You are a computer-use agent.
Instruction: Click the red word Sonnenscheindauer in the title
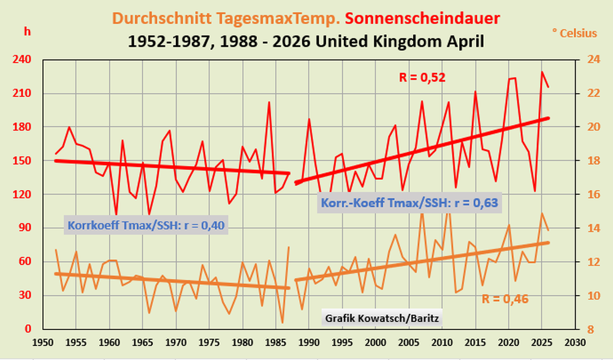coord(422,18)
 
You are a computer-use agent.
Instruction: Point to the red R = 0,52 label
coord(422,77)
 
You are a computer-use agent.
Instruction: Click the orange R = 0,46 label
coord(505,299)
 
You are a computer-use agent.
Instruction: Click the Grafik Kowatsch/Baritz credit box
coord(382,318)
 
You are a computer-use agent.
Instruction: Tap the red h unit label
coord(27,31)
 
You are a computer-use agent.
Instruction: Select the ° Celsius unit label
coord(575,33)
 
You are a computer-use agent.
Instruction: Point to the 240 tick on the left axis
coord(21,60)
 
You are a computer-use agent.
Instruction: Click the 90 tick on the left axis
coord(25,228)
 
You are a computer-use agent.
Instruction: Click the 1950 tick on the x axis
coord(43,343)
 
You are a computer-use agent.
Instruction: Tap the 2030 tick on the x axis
coord(576,343)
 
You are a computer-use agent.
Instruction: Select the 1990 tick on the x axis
coord(309,343)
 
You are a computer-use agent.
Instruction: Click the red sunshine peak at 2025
coord(542,72)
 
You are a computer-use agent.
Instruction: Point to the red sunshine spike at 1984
coord(269,102)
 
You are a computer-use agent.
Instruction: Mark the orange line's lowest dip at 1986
coord(282,323)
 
